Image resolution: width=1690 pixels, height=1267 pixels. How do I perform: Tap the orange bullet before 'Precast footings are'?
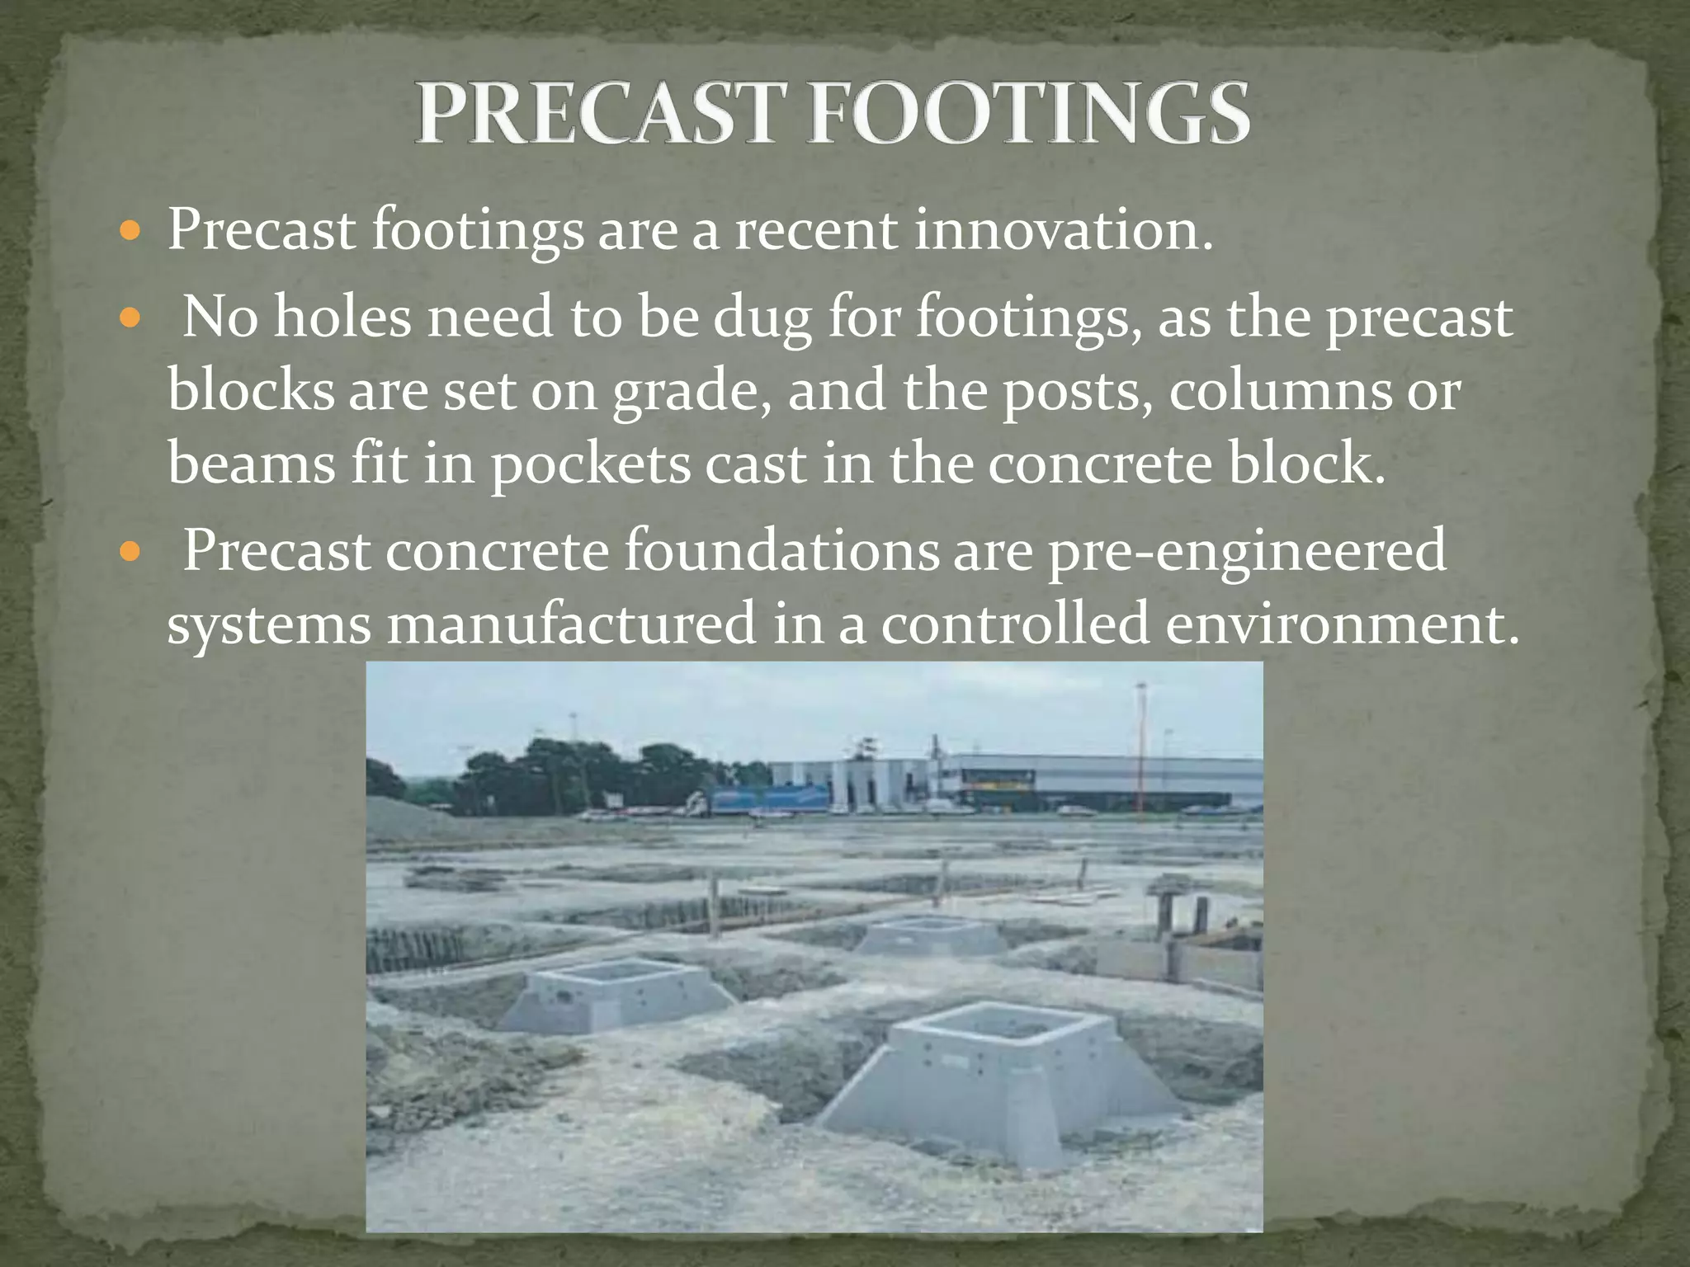(130, 230)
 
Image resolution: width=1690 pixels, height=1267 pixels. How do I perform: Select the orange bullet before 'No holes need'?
(130, 318)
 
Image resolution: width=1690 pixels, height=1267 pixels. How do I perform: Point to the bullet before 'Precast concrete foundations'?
(130, 551)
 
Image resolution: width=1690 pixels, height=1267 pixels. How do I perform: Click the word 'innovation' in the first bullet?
(1064, 229)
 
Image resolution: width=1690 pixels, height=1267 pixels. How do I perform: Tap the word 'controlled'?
(1015, 624)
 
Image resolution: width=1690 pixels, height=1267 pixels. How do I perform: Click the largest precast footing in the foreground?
(998, 1072)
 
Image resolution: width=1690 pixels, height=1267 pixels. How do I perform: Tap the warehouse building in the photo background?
(1106, 780)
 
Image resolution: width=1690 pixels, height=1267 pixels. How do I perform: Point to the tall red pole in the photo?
(1141, 742)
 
